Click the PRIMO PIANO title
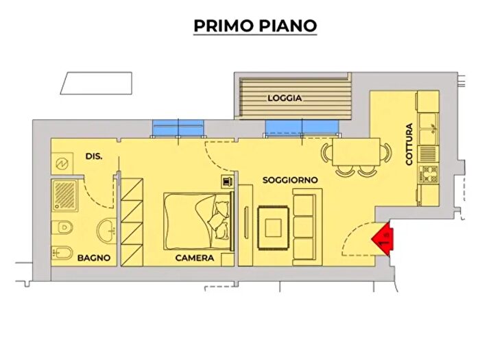[255, 25]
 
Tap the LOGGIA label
[285, 98]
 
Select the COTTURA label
[409, 145]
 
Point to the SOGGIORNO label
[290, 180]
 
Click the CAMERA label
[194, 259]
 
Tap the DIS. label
[94, 156]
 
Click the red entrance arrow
[381, 239]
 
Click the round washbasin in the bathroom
[108, 231]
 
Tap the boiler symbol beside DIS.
[60, 165]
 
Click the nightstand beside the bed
[226, 181]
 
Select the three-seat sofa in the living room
[304, 227]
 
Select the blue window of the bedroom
[178, 128]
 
